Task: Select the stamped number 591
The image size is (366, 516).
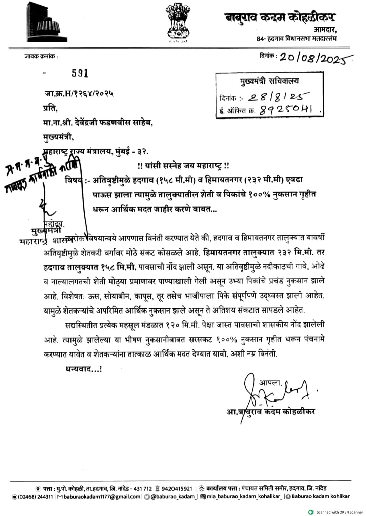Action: coord(80,73)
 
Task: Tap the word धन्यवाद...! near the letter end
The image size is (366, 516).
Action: coord(83,369)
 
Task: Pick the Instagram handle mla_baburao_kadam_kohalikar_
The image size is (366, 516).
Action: coord(244,497)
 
